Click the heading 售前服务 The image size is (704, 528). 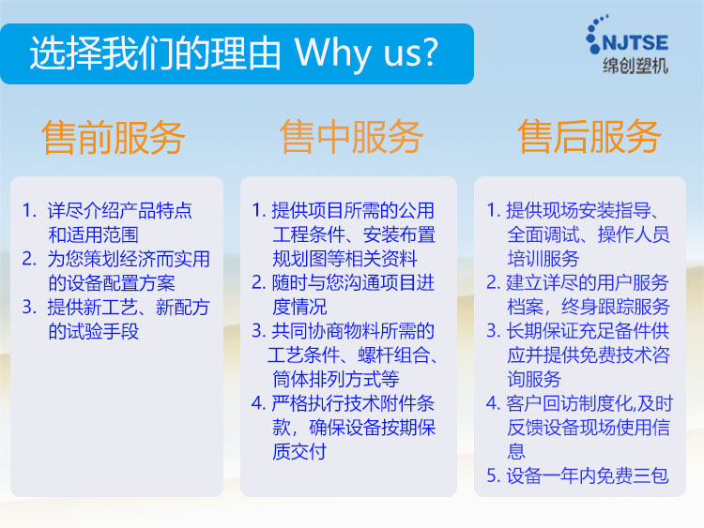pyautogui.click(x=114, y=137)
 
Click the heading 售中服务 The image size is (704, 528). pyautogui.click(x=351, y=137)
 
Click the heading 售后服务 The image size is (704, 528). pyautogui.click(x=589, y=136)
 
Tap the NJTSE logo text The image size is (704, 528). pyautogui.click(x=635, y=42)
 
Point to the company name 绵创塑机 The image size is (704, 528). pyautogui.click(x=635, y=66)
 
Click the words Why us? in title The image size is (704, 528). pyautogui.click(x=366, y=53)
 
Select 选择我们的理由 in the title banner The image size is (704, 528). pyautogui.click(x=155, y=53)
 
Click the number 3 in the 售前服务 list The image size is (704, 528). pyautogui.click(x=29, y=308)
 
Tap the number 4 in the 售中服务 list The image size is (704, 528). pyautogui.click(x=258, y=403)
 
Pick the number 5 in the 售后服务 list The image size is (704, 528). pyautogui.click(x=492, y=476)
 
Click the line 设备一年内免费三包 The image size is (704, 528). pyautogui.click(x=588, y=476)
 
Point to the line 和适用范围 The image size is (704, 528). pyautogui.click(x=93, y=234)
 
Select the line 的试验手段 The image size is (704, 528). pyautogui.click(x=93, y=331)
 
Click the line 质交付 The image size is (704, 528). pyautogui.click(x=299, y=452)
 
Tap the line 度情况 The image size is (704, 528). pyautogui.click(x=299, y=307)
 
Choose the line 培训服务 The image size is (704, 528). pyautogui.click(x=543, y=259)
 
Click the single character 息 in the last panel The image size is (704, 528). pyautogui.click(x=516, y=452)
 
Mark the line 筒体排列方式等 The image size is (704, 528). pyautogui.click(x=336, y=380)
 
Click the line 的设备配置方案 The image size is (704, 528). pyautogui.click(x=112, y=283)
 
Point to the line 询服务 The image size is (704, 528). pyautogui.click(x=534, y=380)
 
